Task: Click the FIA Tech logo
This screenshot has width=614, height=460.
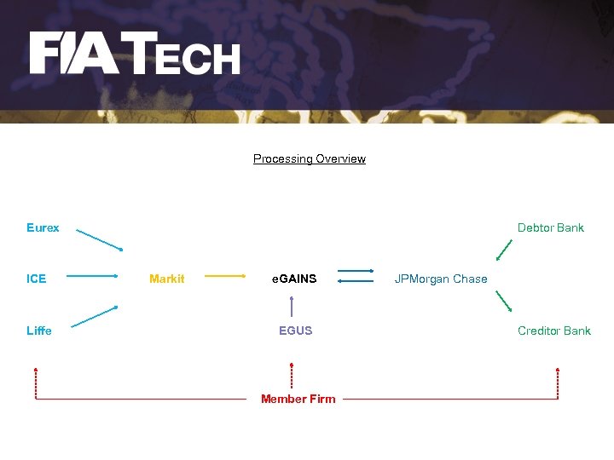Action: (135, 54)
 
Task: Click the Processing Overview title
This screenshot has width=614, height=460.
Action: (309, 158)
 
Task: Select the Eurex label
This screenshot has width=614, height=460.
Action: (43, 227)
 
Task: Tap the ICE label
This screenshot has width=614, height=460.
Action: (36, 279)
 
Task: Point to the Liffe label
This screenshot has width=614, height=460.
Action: (39, 331)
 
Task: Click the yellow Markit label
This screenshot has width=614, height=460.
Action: (166, 279)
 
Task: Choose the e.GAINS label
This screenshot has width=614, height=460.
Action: (294, 279)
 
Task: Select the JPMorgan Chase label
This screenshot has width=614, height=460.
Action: (441, 279)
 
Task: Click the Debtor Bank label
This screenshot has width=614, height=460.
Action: (551, 227)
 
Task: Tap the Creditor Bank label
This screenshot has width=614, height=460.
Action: (554, 331)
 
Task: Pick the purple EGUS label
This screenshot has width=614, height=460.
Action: (295, 331)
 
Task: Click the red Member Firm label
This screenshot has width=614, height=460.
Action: (298, 399)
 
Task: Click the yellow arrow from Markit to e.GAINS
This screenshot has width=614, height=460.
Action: (226, 276)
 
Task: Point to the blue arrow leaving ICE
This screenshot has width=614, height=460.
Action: (91, 276)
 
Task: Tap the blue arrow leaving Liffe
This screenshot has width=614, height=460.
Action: (95, 316)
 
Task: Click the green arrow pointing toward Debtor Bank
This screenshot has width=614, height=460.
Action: (505, 250)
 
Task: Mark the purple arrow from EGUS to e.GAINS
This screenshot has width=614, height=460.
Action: (292, 306)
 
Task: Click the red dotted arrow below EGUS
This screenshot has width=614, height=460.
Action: (292, 377)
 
